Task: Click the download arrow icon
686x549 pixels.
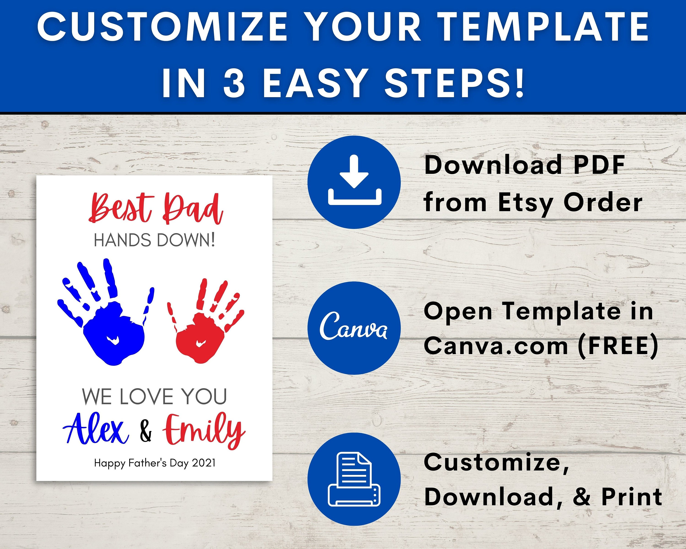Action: click(354, 180)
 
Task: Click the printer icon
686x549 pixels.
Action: click(354, 479)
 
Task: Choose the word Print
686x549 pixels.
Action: click(632, 497)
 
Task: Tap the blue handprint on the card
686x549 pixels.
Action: click(106, 312)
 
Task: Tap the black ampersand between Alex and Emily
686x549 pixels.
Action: click(146, 431)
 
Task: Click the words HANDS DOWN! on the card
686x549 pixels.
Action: click(154, 240)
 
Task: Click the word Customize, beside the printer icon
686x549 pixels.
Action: click(496, 463)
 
